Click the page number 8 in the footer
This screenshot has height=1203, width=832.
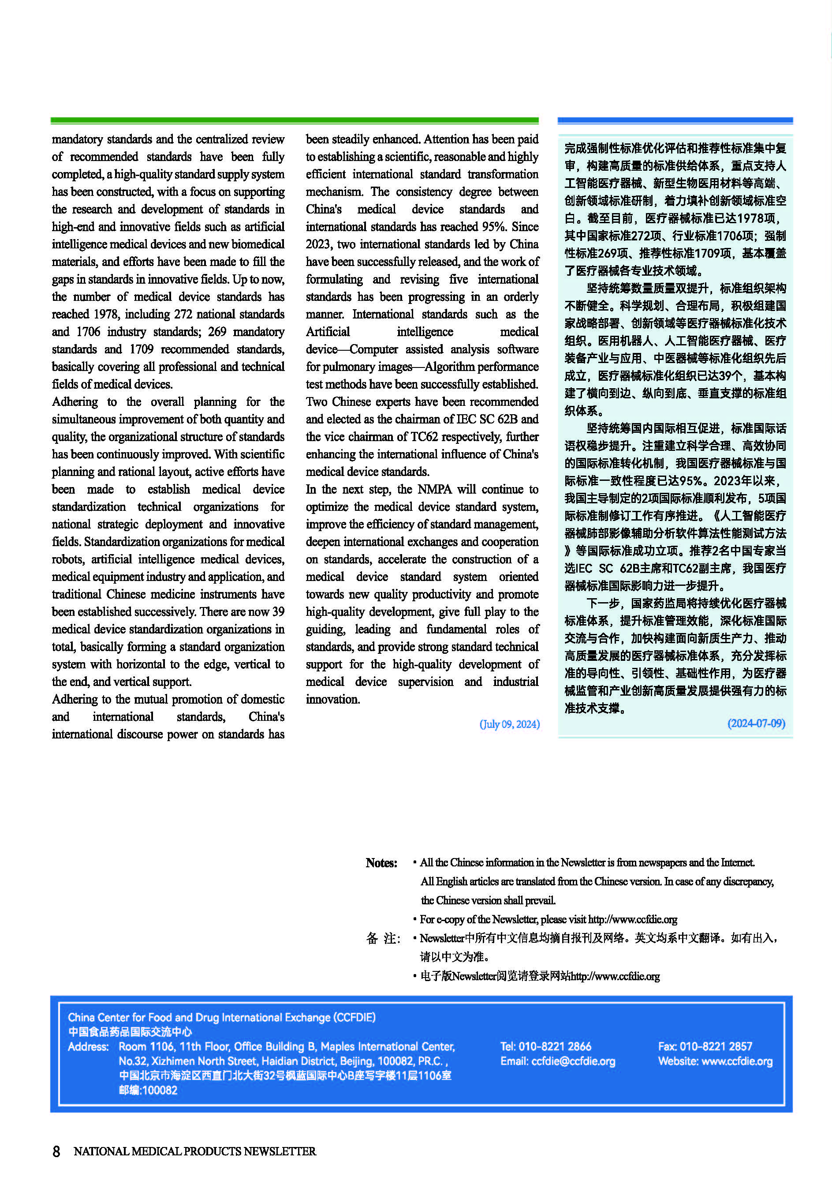(x=56, y=1151)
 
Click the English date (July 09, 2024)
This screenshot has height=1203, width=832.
(x=509, y=724)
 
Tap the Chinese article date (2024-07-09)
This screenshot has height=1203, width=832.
(x=756, y=723)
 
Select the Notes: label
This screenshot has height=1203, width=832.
(x=381, y=863)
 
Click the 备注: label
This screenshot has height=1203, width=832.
(x=383, y=939)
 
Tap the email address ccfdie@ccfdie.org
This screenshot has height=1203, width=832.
(x=573, y=1061)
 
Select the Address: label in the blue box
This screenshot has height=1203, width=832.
(x=88, y=1046)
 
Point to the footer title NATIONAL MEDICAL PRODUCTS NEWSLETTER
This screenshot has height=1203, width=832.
(x=194, y=1151)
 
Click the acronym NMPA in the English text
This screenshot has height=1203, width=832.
(x=434, y=489)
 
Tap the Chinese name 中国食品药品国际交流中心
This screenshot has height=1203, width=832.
(x=130, y=1031)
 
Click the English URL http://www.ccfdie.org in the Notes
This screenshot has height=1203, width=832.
(x=632, y=919)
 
